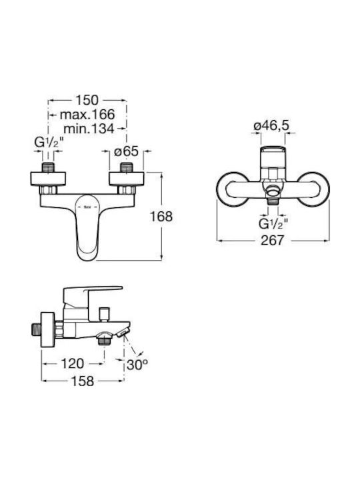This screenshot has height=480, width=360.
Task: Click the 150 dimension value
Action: click(87, 100)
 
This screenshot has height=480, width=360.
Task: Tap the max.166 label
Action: click(87, 115)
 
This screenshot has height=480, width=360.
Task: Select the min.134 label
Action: click(89, 129)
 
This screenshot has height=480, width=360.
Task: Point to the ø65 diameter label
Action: click(127, 151)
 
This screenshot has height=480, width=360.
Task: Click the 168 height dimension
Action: click(161, 217)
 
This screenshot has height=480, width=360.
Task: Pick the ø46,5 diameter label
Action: click(271, 125)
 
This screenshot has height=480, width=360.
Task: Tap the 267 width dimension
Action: click(273, 240)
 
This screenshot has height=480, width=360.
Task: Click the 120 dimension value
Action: click(72, 364)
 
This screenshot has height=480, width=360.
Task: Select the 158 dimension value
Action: click(83, 381)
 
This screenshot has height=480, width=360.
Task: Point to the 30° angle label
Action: click(137, 365)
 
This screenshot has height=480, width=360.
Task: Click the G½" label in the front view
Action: click(49, 143)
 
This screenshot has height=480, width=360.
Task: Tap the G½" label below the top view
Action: click(273, 224)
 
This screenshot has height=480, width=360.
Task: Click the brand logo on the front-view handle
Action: click(88, 207)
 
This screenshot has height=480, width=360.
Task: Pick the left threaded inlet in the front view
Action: click(48, 167)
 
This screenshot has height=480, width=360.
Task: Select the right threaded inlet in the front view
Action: click(126, 167)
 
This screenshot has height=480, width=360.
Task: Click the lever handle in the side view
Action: click(92, 294)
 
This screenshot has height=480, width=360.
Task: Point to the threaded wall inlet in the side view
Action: click(36, 329)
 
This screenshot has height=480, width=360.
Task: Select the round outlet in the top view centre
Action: click(273, 193)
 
